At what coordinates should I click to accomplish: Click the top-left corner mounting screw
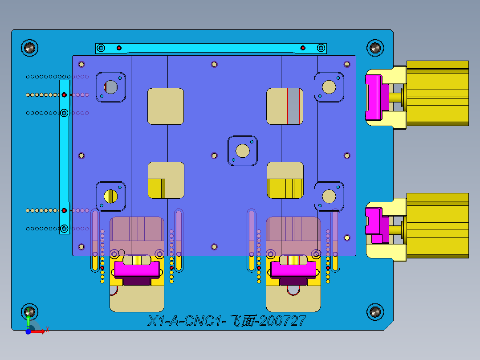click(x=30, y=47)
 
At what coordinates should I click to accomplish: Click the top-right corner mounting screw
click(x=375, y=47)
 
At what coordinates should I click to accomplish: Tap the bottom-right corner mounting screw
click(x=375, y=311)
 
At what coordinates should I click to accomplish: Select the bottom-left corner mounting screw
click(x=30, y=311)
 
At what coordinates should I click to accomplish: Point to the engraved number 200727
click(x=283, y=321)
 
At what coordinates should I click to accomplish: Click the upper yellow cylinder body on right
click(x=437, y=93)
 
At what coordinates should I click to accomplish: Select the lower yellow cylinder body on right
click(x=437, y=225)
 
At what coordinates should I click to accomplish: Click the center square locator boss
click(x=243, y=151)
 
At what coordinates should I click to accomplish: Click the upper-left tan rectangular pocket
click(x=166, y=106)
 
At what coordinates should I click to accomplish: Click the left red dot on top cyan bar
click(x=119, y=48)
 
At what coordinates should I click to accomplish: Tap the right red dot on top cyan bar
click(x=303, y=48)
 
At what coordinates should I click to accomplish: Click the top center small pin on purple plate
click(x=214, y=64)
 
